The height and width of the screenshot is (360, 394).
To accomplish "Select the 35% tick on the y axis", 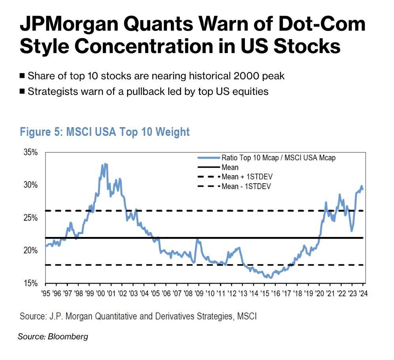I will click(x=30, y=152).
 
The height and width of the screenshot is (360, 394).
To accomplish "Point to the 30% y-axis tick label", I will click(x=30, y=185).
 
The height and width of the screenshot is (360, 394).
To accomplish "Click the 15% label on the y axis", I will click(x=30, y=283).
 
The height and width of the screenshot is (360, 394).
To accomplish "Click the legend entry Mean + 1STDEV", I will click(x=247, y=177).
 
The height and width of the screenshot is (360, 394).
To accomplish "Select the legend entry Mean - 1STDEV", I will click(x=246, y=186).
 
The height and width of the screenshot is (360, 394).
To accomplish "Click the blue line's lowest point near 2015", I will click(x=271, y=278).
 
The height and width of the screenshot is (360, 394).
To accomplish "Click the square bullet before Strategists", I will click(x=22, y=92).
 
